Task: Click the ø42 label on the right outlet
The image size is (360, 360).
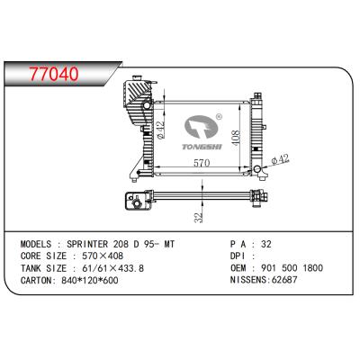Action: click(281, 160)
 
